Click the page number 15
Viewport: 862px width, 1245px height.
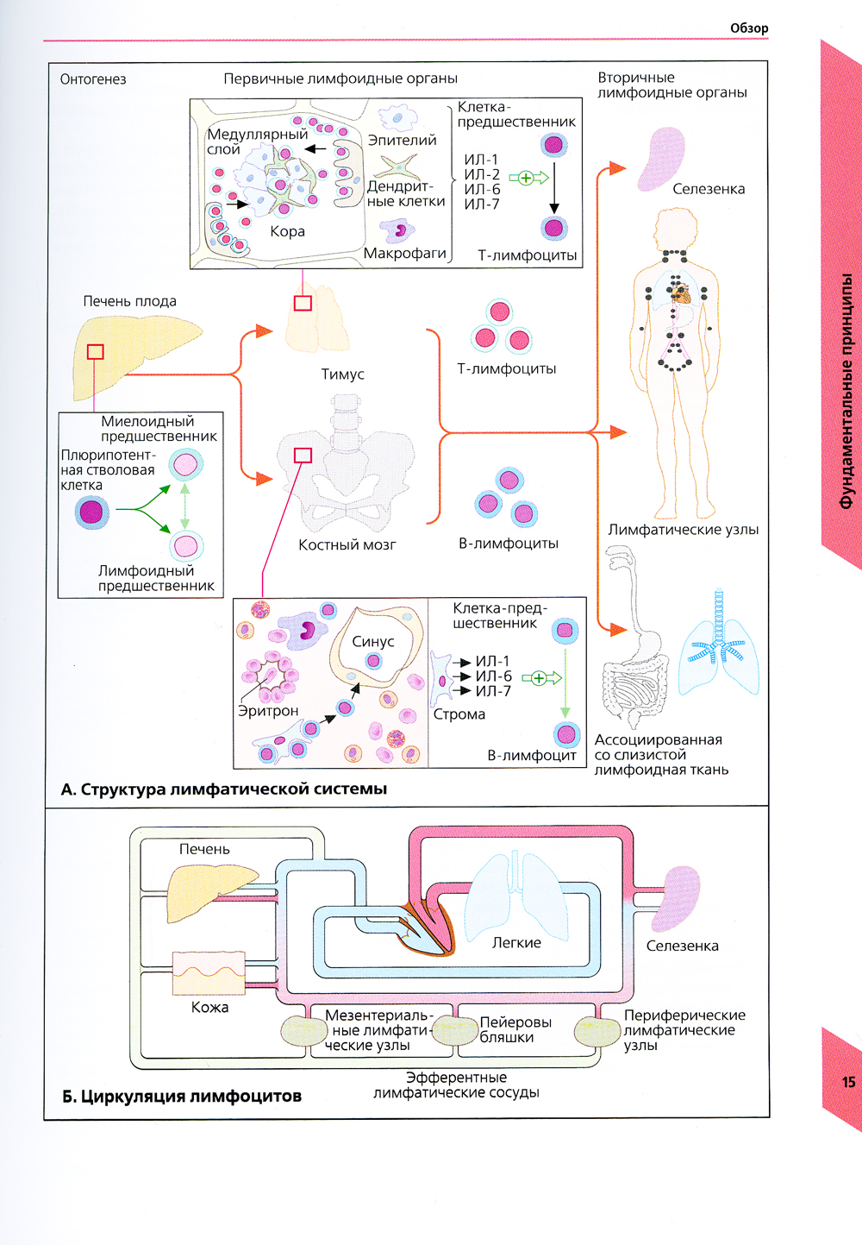849,1082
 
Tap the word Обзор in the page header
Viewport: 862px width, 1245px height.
749,28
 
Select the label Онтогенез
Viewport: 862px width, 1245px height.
93,79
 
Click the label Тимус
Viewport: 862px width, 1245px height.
342,374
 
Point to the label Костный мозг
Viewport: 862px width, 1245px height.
347,544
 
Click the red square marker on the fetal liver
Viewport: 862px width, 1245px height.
96,352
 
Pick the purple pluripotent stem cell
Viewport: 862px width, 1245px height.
91,512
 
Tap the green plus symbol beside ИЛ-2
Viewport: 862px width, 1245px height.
526,178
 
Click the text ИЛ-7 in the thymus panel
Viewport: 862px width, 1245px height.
482,204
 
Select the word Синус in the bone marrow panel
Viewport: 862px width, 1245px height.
372,642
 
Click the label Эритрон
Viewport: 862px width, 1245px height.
268,711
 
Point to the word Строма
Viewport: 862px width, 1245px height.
459,714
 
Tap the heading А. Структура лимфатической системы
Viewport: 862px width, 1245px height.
224,789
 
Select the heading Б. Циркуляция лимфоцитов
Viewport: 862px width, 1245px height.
182,1097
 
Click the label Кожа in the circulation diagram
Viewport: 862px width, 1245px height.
209,1007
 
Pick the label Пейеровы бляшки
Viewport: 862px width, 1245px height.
515,1029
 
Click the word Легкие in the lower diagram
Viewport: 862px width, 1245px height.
516,943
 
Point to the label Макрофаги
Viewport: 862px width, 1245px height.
404,253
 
